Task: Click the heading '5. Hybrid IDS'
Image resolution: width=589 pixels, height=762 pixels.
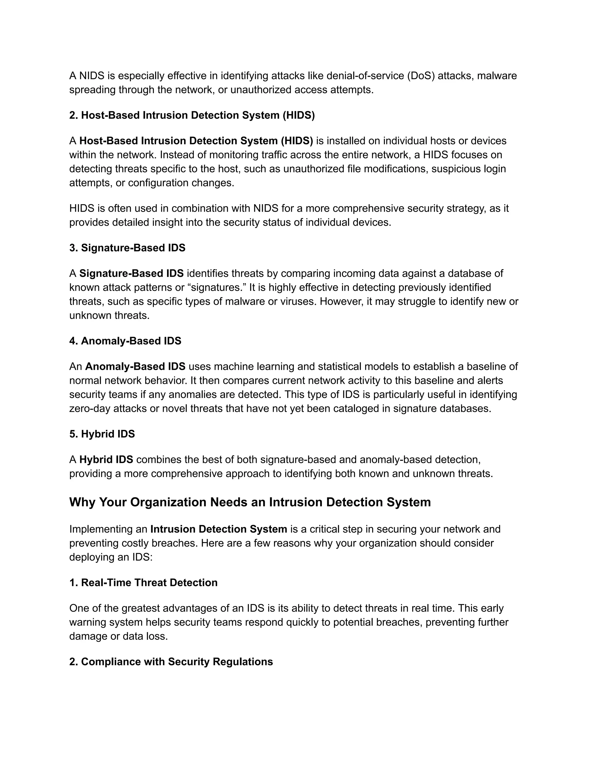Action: click(102, 434)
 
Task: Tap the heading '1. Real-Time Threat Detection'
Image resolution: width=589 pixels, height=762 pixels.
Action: click(144, 583)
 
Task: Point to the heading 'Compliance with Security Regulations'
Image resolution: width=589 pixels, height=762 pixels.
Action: click(177, 662)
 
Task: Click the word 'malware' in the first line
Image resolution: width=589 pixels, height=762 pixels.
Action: click(497, 76)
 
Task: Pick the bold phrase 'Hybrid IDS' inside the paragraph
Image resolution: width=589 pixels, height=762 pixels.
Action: click(106, 460)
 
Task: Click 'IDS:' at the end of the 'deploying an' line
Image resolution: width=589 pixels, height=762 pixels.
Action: click(142, 557)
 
